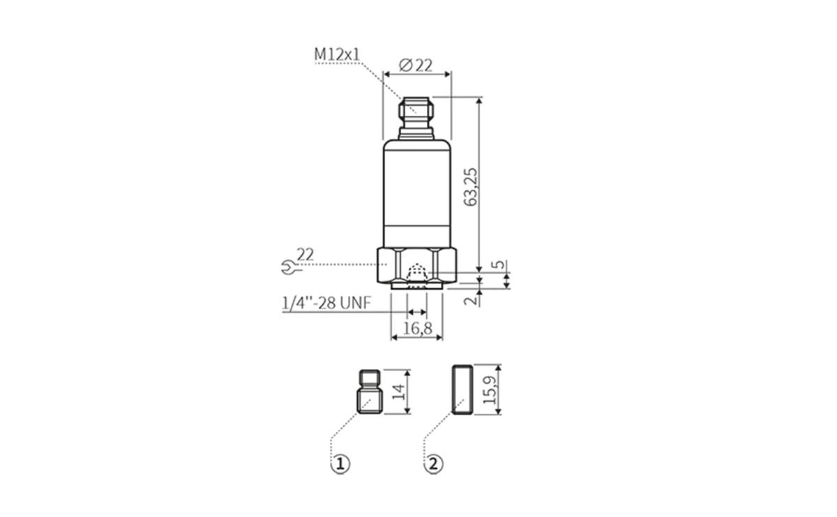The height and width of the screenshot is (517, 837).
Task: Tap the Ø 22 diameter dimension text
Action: click(416, 65)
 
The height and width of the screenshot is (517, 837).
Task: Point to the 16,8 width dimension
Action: click(417, 328)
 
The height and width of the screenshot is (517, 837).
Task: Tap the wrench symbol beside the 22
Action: click(285, 265)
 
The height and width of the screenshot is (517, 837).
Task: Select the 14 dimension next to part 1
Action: click(398, 391)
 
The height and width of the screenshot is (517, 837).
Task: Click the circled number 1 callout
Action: click(339, 463)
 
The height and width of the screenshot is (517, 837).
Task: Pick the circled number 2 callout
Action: click(434, 463)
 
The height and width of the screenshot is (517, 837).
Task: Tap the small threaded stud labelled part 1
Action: click(370, 392)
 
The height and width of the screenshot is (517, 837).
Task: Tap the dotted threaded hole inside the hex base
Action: click(416, 273)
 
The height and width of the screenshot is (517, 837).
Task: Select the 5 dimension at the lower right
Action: click(497, 265)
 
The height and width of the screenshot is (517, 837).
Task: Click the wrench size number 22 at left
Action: click(305, 254)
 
